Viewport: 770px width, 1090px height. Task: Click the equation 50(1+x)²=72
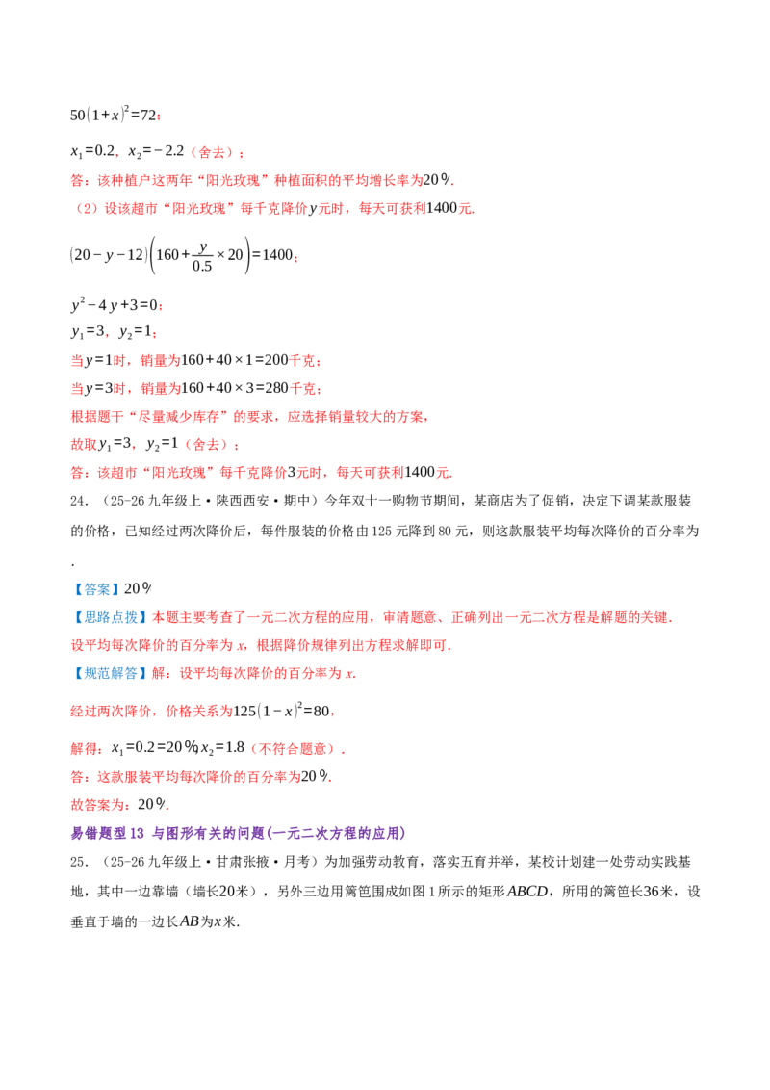coord(114,114)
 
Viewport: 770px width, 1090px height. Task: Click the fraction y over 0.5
coord(202,257)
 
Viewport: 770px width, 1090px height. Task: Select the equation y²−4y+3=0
coord(115,304)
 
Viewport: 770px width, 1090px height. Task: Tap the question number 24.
coord(79,502)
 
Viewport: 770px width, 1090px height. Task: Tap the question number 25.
coord(79,862)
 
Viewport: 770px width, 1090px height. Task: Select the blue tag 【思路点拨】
coord(110,617)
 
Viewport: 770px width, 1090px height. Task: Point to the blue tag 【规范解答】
coord(110,673)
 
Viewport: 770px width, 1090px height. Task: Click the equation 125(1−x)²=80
coord(281,711)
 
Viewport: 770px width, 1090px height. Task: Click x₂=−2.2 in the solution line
coord(156,151)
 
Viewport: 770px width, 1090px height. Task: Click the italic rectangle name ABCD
coord(528,892)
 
